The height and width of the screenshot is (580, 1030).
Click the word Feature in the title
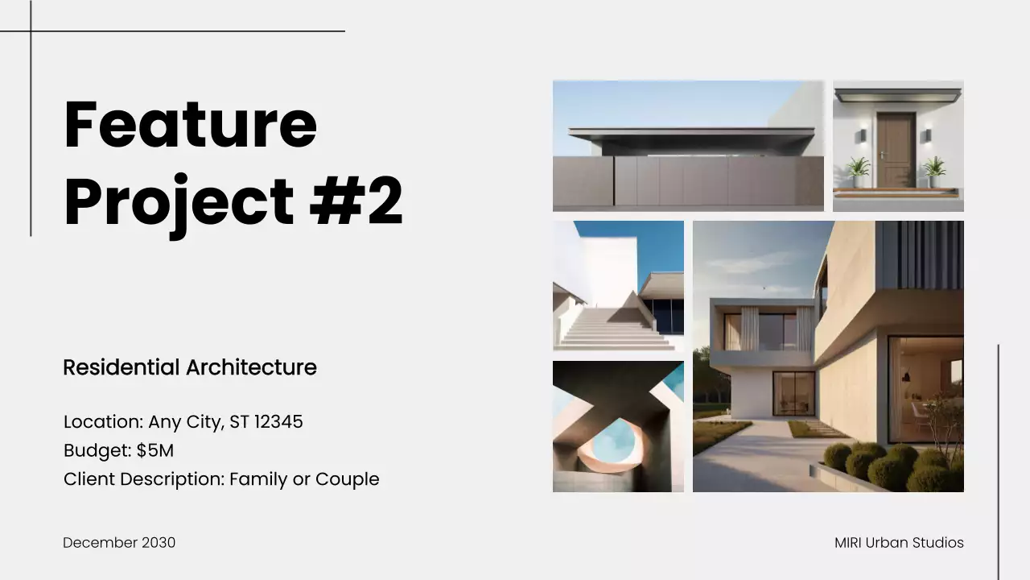point(191,124)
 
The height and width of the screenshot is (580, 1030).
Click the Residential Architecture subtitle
point(190,367)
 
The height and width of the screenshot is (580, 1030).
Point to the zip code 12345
point(278,421)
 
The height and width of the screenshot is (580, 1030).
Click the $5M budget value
point(155,450)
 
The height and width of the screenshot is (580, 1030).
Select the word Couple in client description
point(347,479)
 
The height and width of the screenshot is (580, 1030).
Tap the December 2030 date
point(119,543)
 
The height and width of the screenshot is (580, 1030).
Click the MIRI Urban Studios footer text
point(899,543)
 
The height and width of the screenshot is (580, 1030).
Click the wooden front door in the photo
point(896,149)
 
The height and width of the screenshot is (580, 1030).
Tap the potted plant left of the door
point(858,171)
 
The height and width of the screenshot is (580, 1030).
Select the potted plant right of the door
point(933,171)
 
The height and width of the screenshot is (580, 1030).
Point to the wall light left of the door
point(863,135)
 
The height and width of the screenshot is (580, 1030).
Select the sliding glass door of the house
point(793,392)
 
